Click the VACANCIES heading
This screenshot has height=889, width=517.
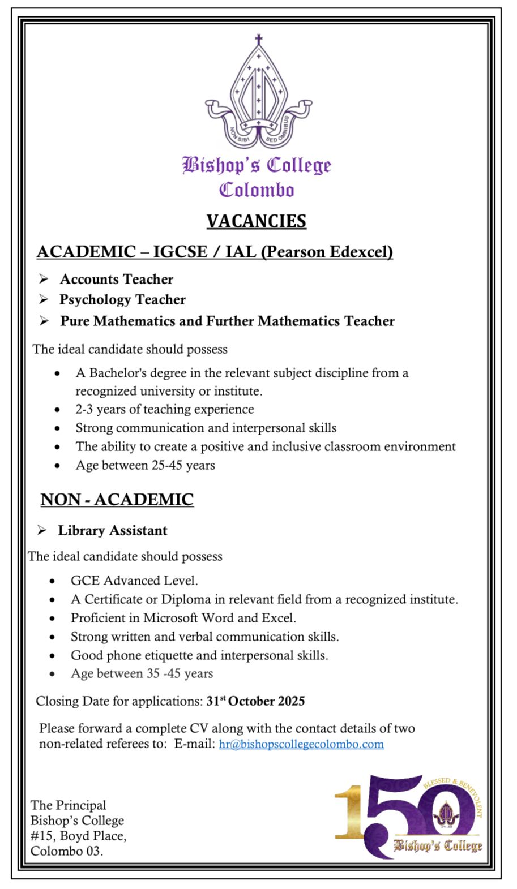pos(256,221)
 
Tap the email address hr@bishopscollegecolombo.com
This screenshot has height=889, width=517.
pos(301,744)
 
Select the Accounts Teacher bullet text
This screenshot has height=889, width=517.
pos(117,279)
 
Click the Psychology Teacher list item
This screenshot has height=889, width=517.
pos(122,299)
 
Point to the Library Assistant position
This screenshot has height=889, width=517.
pos(113,530)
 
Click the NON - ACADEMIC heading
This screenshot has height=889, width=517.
pos(117,499)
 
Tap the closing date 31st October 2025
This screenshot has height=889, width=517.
pos(255,701)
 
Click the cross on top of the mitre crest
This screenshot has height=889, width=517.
pos(259,40)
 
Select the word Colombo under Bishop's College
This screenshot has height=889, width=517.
pos(257,190)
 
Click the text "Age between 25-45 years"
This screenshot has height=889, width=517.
pos(146,465)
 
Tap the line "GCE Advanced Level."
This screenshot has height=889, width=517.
pos(134,581)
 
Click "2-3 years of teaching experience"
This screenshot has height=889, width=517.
pos(165,409)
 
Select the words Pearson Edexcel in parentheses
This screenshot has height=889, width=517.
pos(327,251)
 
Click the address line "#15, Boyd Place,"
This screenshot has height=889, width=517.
pos(79,836)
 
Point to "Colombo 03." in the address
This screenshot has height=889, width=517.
pos(67,851)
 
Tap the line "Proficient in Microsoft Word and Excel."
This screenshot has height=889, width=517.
pos(183,618)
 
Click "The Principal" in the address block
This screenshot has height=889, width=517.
pos(69,805)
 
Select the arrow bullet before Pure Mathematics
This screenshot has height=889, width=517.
pos(44,321)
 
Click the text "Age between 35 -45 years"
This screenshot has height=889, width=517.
pos(142,673)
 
